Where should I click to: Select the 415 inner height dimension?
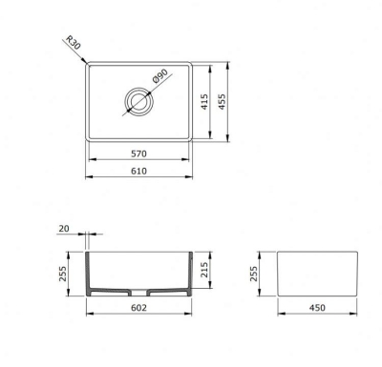coord(204,102)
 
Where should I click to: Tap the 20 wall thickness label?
coord(63,229)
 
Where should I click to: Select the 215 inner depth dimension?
coord(204,272)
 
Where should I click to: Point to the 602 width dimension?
coord(139,308)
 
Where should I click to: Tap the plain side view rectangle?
coord(316,274)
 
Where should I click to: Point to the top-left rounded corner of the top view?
coord(90,68)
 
